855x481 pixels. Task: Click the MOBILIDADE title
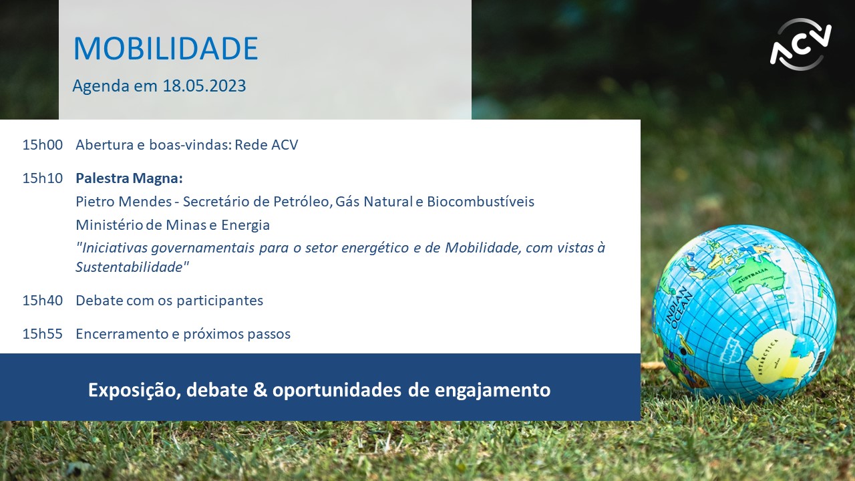(166, 49)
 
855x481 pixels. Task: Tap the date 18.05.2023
(204, 86)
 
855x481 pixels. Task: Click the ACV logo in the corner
(800, 44)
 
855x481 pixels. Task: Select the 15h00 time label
(42, 145)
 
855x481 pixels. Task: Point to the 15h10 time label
(42, 178)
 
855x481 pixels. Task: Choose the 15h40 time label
(42, 301)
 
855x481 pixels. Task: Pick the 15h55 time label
(42, 334)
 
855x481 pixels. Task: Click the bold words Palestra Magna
(129, 178)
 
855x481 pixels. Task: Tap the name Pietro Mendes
(124, 202)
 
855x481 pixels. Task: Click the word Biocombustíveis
(480, 202)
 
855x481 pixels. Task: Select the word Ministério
(109, 225)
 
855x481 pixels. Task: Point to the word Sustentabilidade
(132, 267)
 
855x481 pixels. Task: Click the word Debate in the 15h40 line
(99, 301)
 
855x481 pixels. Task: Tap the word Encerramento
(122, 334)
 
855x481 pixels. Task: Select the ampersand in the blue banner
(260, 389)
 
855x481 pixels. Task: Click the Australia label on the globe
(753, 275)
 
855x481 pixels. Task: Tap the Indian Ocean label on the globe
(679, 309)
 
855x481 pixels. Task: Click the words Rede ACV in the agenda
(267, 145)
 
